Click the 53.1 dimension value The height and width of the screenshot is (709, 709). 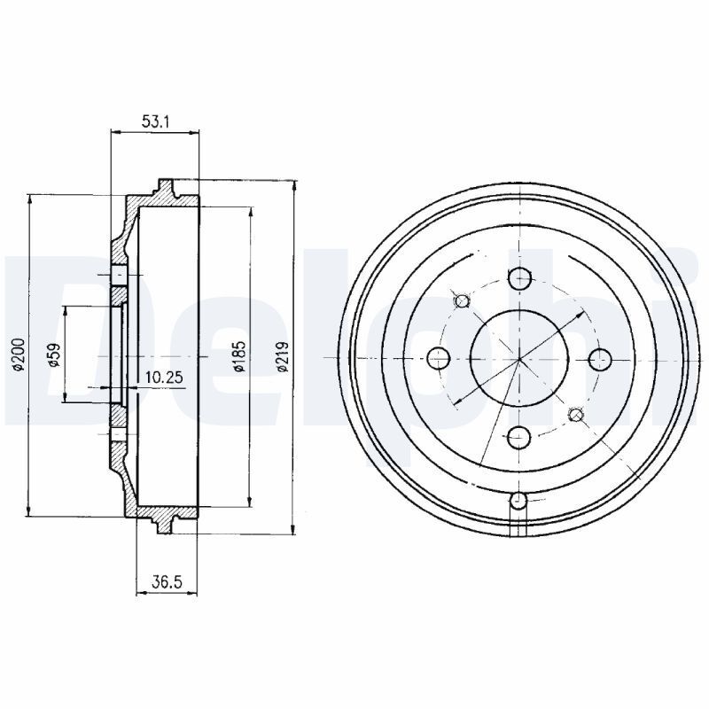pyautogui.click(x=155, y=121)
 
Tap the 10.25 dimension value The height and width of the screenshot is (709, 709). pyautogui.click(x=164, y=377)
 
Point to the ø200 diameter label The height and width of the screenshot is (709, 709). pyautogui.click(x=18, y=355)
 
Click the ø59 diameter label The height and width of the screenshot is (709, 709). pyautogui.click(x=54, y=355)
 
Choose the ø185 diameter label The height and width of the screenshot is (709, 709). pyautogui.click(x=238, y=355)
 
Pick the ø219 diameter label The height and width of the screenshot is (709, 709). pyautogui.click(x=283, y=357)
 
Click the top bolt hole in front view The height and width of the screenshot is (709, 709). pyautogui.click(x=519, y=278)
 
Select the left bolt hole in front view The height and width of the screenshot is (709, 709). pyautogui.click(x=439, y=359)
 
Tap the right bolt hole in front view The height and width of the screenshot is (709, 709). pyautogui.click(x=600, y=359)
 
